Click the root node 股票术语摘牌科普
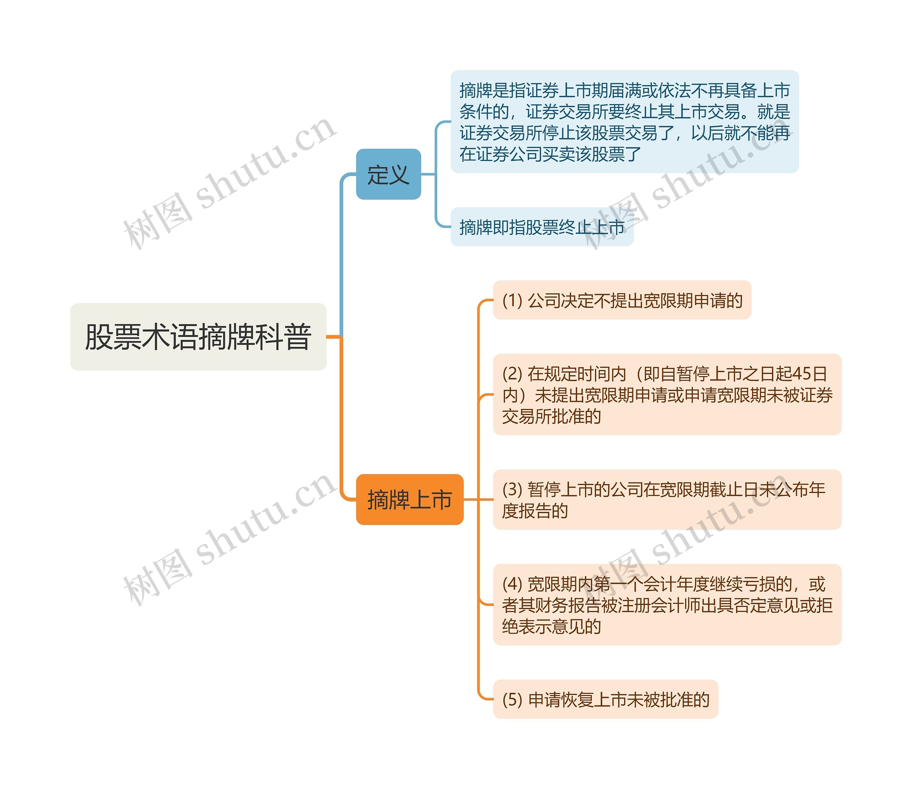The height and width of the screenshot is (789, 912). coord(198,337)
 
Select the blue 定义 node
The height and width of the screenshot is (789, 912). coord(388,174)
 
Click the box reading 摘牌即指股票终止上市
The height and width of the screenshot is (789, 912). coord(541,227)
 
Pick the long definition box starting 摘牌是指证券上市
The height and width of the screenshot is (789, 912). coord(624,121)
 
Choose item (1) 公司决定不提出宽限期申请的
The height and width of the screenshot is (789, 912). coord(622,300)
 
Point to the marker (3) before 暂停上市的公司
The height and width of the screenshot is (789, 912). coord(512,489)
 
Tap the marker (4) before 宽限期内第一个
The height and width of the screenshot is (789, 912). coord(512,584)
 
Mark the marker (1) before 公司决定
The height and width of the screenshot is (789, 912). coord(512,301)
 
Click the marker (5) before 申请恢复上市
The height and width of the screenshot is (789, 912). coord(512,700)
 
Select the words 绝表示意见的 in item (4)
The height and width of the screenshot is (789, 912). coord(551,626)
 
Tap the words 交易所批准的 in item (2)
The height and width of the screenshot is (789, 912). coord(551,416)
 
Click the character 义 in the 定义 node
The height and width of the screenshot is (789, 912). coord(399,175)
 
